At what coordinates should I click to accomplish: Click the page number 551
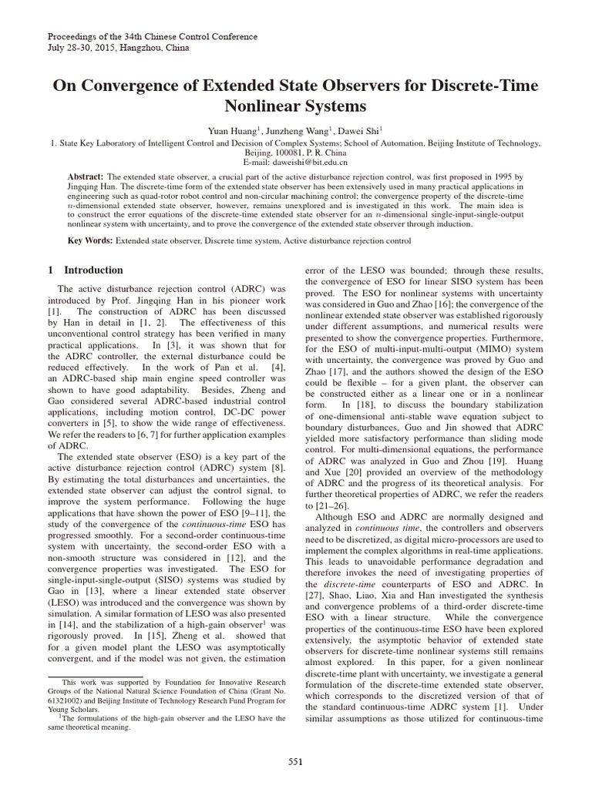(295, 762)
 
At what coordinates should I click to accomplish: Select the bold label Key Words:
(90, 241)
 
